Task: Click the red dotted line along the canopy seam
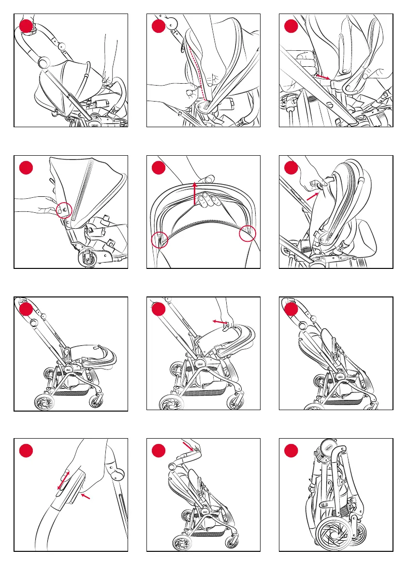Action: [x=198, y=73]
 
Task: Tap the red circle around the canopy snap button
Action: [x=63, y=210]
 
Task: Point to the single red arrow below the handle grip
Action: [x=85, y=495]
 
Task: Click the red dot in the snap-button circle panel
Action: [x=26, y=167]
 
